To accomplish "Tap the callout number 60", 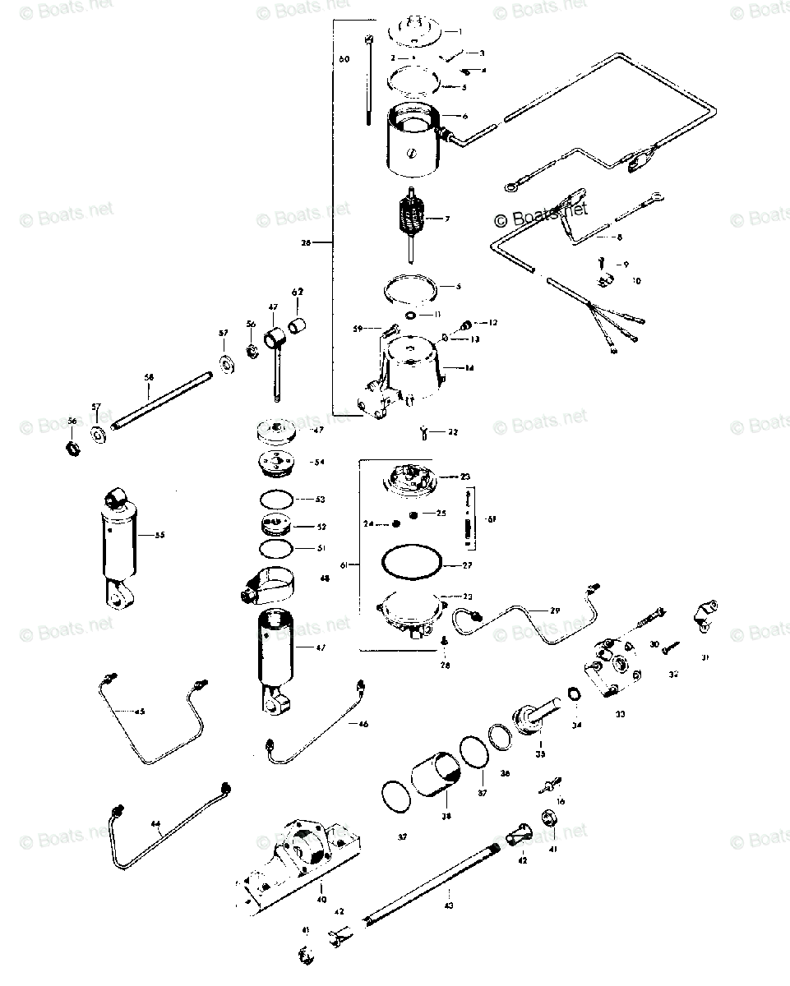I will click(344, 59).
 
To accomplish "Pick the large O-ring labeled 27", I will click(412, 565).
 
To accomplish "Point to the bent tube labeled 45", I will click(148, 723).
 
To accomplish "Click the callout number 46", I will click(364, 724).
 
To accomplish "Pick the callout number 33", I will click(620, 715).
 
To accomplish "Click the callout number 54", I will click(320, 463).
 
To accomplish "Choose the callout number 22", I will click(454, 432).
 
